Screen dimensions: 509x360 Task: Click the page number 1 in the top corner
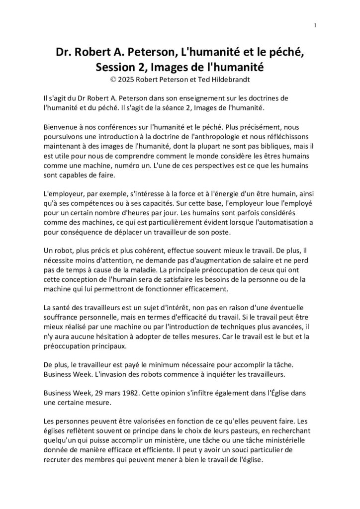[315, 25]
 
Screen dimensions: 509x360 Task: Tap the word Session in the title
[119, 66]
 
